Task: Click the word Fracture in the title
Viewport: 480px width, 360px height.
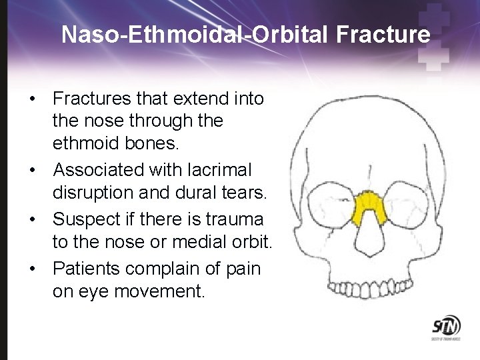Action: point(383,35)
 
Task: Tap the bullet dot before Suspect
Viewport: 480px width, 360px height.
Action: point(33,219)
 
